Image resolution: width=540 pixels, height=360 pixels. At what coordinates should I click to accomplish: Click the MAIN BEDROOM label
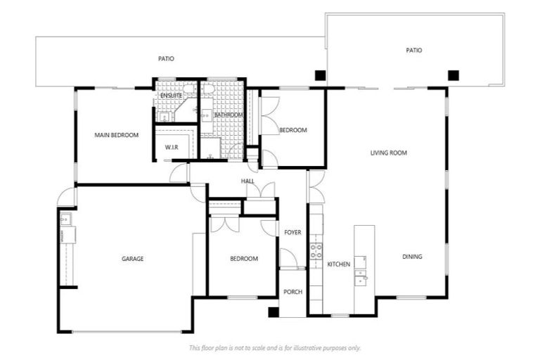click(117, 135)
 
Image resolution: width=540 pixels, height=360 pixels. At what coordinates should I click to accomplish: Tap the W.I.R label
click(172, 147)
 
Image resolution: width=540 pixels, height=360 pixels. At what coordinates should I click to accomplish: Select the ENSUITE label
click(171, 95)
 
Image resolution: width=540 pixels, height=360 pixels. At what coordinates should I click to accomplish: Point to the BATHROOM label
click(229, 115)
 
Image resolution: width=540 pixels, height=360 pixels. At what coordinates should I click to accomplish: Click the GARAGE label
click(132, 259)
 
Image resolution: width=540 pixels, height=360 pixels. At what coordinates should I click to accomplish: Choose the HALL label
click(247, 181)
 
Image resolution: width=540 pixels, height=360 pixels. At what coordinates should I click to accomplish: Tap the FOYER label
click(292, 232)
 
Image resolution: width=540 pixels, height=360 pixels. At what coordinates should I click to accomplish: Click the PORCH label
click(292, 292)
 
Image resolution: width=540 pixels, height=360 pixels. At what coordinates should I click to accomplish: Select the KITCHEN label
click(338, 264)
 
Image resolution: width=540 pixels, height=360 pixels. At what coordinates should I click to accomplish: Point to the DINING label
click(412, 257)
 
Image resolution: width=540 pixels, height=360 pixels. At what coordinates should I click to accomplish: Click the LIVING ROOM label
click(389, 153)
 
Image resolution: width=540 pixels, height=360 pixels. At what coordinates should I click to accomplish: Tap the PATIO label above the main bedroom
click(166, 59)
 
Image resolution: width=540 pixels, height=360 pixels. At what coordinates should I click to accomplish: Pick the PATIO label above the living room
click(414, 50)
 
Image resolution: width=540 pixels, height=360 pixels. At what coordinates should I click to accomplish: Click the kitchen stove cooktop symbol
click(316, 251)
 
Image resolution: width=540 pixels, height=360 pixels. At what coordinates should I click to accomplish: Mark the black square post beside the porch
click(274, 312)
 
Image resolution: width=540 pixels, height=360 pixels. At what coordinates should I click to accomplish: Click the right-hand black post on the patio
click(454, 74)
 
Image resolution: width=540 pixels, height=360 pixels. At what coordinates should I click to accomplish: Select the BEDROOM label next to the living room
click(292, 130)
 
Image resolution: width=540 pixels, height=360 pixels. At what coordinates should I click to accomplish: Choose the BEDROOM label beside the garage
click(244, 259)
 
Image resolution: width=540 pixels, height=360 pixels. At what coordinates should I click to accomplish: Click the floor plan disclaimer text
click(275, 347)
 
